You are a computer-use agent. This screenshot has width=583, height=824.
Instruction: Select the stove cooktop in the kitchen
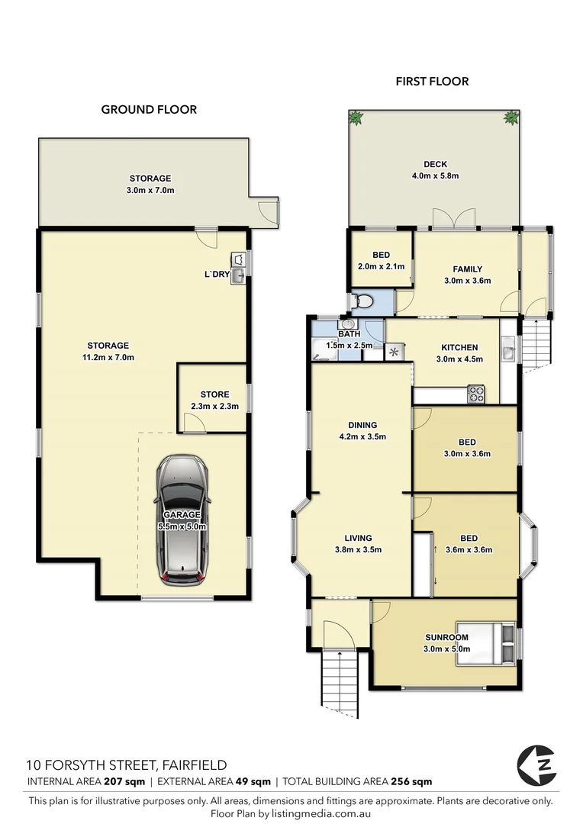[x=476, y=394]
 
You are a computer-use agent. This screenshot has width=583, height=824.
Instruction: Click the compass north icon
[x=536, y=764]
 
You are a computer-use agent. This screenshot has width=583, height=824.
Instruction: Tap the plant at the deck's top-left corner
[x=356, y=117]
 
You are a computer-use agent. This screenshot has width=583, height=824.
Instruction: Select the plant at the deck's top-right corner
[x=511, y=117]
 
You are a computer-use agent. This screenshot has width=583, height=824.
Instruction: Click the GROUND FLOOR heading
[x=149, y=109]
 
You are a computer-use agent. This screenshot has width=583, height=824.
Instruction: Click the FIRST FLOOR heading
[x=432, y=81]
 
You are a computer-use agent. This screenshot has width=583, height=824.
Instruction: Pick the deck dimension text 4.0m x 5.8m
[x=436, y=175]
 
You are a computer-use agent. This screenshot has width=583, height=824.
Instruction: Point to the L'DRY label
[x=217, y=274]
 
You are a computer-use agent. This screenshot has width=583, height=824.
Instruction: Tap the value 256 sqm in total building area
[x=411, y=781]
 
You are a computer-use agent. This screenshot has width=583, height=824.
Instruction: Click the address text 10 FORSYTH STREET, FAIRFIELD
[x=126, y=764]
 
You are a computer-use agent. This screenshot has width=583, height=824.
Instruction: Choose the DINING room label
[x=362, y=425]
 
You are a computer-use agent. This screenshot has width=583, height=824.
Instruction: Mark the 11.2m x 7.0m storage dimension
[x=108, y=357]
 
